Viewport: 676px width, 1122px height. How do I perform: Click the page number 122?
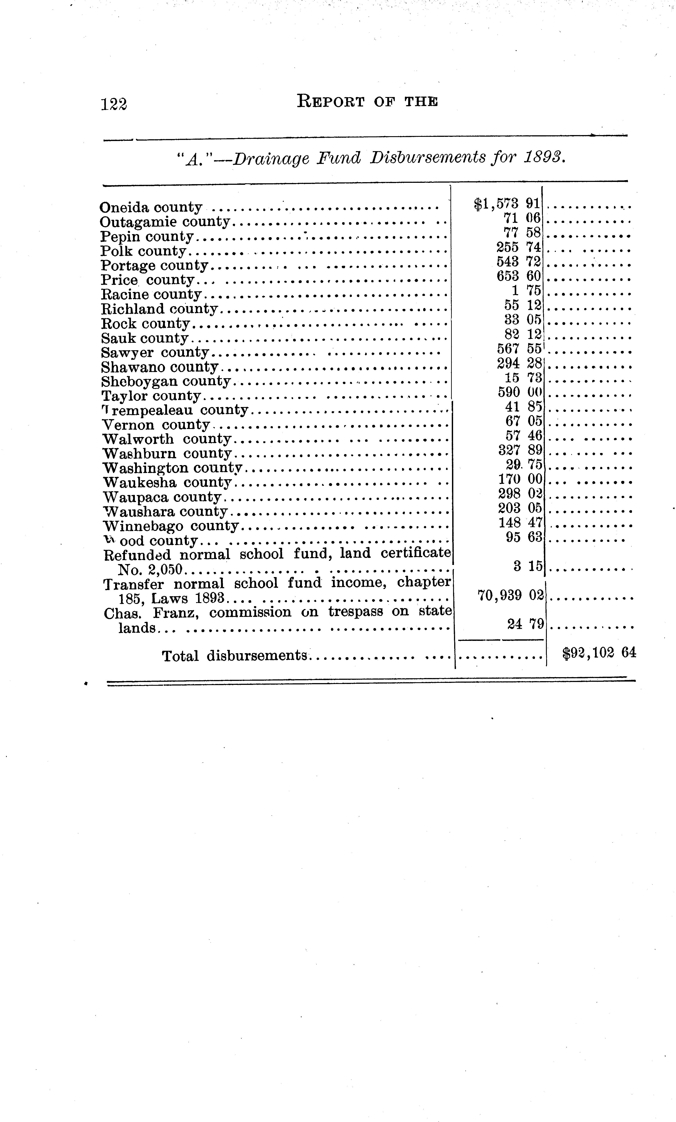click(114, 104)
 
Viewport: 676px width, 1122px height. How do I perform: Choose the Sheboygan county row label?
click(166, 381)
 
